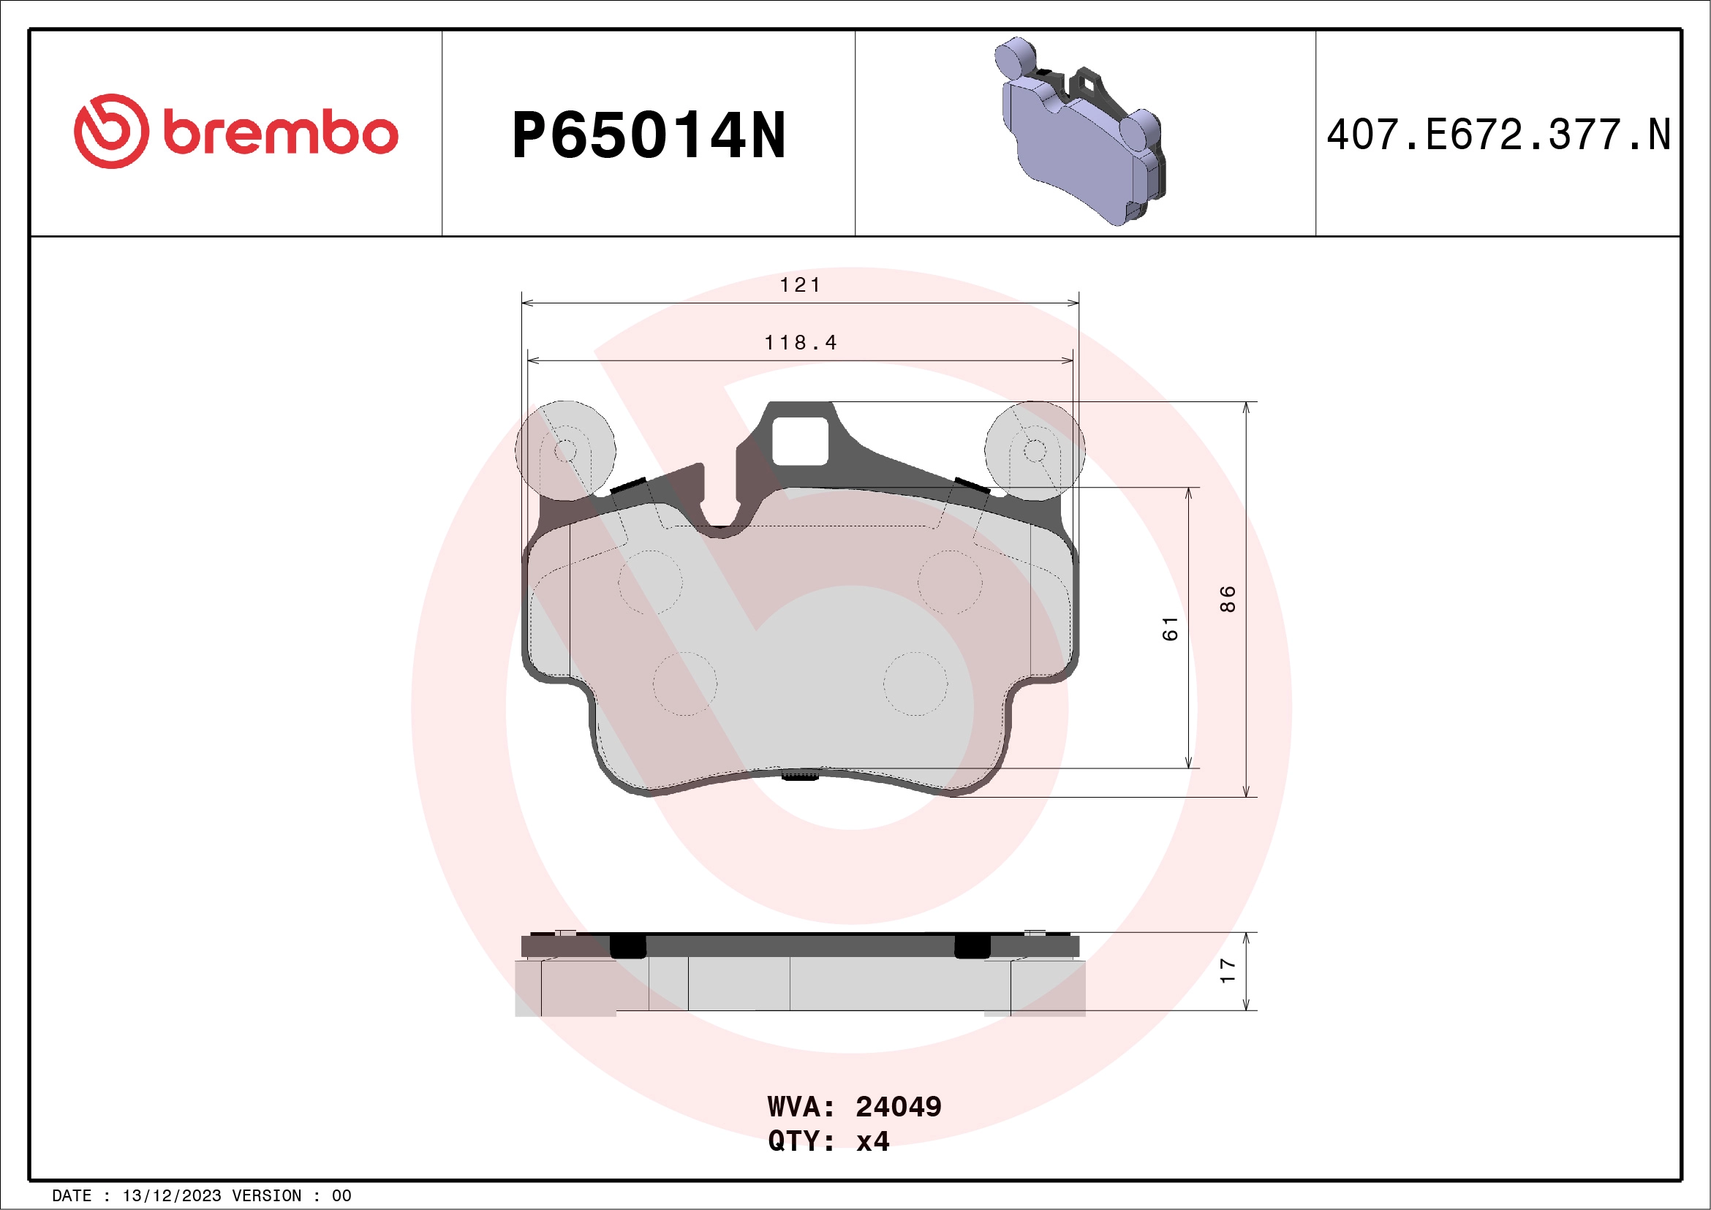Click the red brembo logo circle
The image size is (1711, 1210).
click(x=111, y=131)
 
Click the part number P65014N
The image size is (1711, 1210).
click(x=649, y=135)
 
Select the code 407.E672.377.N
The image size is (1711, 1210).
click(x=1498, y=135)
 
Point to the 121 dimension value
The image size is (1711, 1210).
click(x=800, y=285)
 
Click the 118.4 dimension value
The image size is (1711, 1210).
click(x=801, y=343)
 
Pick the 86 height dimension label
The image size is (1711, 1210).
click(x=1228, y=599)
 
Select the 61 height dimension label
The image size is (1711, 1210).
click(x=1170, y=628)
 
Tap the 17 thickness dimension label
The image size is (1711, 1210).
click(x=1228, y=970)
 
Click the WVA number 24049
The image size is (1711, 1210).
click(x=898, y=1107)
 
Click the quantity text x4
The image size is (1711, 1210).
click(x=872, y=1141)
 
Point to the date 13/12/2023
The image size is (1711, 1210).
click(x=171, y=1196)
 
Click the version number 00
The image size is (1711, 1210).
click(x=341, y=1196)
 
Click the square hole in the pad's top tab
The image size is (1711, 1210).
click(x=800, y=441)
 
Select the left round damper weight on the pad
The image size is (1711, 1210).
click(x=566, y=450)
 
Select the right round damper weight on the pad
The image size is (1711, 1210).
click(x=1035, y=450)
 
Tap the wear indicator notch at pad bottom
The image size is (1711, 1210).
click(x=801, y=776)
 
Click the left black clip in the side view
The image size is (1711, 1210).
click(x=627, y=945)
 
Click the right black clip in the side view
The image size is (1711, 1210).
click(x=972, y=945)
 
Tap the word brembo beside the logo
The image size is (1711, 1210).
click(x=280, y=134)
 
